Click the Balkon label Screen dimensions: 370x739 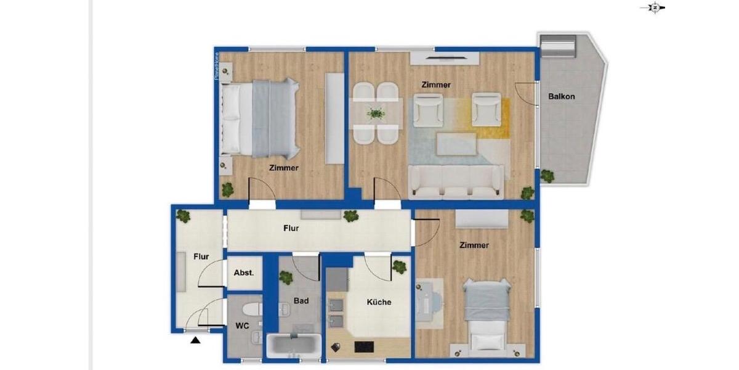[x=562, y=96]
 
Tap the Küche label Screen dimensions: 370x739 [x=379, y=302]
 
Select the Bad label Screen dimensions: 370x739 [x=301, y=301]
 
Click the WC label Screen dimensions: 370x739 [x=243, y=326]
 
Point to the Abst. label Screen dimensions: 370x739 [x=244, y=273]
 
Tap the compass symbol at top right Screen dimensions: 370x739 [x=655, y=8]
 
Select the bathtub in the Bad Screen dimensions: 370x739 [x=294, y=344]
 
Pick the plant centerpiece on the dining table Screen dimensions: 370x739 [x=375, y=113]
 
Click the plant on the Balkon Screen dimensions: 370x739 [x=547, y=176]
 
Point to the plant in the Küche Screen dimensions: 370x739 [x=399, y=267]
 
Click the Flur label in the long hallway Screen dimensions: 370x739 [x=291, y=228]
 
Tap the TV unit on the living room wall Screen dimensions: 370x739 [x=445, y=59]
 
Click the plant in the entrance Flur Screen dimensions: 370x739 [x=183, y=216]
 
